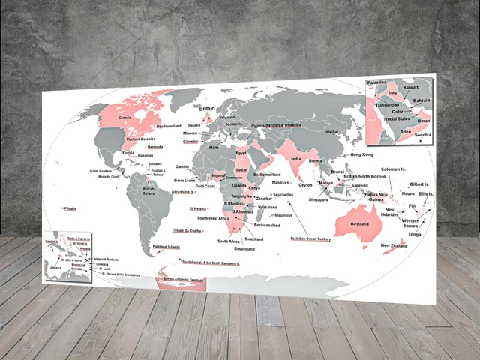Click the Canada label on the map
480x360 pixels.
125,118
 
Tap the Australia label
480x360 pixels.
360,224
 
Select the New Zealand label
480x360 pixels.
394,246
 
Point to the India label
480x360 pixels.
296,160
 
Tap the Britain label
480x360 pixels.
206,109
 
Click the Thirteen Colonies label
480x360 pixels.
140,139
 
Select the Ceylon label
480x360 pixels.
305,184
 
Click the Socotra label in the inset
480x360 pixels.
424,135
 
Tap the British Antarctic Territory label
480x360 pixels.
183,279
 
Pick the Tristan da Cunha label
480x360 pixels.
187,230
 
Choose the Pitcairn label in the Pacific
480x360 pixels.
71,208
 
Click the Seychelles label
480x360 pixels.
283,194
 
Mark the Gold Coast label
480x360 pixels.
205,186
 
